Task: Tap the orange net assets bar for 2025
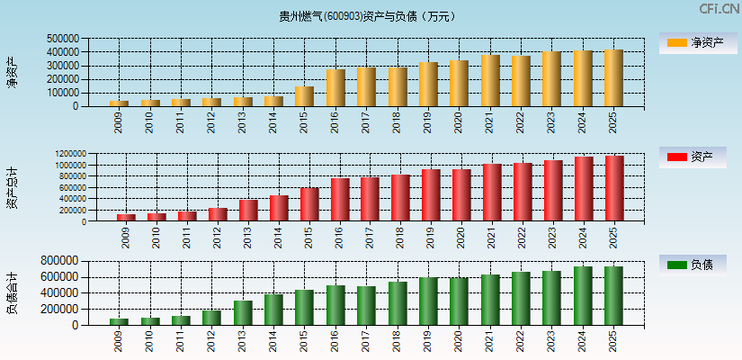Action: coord(613,78)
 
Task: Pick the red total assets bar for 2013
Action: coord(248,211)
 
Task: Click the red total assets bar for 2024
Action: coord(584,189)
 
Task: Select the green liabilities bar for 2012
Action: coord(211,318)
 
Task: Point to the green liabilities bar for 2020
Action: coord(459,301)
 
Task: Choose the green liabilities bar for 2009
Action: coord(119,321)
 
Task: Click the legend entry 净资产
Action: coord(692,42)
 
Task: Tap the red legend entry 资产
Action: coord(692,157)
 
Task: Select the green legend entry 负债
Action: coord(692,265)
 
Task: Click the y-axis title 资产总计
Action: coord(12,188)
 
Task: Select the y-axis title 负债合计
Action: coord(12,292)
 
